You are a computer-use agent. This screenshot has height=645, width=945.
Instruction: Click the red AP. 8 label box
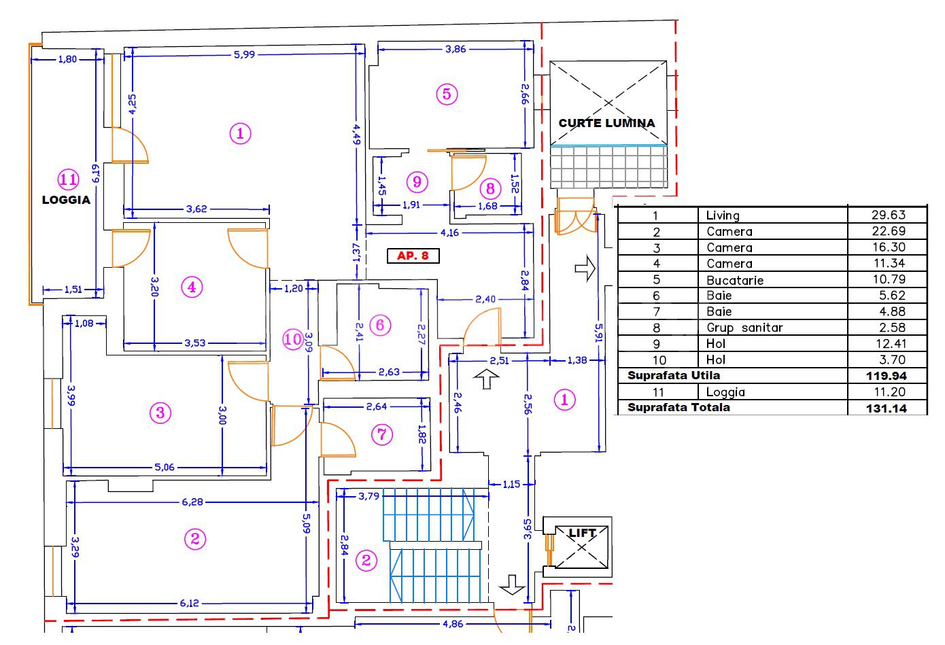click(413, 256)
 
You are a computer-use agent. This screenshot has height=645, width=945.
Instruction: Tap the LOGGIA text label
click(66, 200)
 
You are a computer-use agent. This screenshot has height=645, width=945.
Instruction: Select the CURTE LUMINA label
click(606, 123)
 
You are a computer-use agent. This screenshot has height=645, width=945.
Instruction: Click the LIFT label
click(582, 534)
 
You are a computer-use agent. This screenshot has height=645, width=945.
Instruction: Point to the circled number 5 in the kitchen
click(447, 94)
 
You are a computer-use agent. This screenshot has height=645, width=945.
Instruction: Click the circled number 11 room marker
click(69, 179)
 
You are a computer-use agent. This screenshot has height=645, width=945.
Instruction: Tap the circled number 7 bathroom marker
click(382, 434)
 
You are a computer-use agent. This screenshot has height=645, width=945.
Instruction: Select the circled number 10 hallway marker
click(293, 339)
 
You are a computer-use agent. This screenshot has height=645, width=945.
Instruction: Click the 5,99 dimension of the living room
click(244, 54)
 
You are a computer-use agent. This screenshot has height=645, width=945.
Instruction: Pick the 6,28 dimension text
click(192, 502)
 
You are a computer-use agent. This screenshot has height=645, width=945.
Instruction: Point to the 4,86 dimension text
click(453, 623)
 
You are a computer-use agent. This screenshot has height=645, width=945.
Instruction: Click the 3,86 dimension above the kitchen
click(456, 49)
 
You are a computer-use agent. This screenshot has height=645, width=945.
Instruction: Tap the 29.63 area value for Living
click(889, 215)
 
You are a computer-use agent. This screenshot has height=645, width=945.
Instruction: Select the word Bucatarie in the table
click(735, 280)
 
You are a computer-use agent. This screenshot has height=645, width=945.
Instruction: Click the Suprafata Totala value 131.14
click(887, 408)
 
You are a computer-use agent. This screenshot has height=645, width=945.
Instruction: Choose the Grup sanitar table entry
click(744, 328)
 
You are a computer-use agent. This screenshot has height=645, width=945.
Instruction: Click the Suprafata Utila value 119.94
click(887, 376)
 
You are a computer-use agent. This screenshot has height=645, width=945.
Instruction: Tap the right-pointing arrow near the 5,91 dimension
click(585, 268)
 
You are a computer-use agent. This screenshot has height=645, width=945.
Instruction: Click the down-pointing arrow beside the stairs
click(512, 585)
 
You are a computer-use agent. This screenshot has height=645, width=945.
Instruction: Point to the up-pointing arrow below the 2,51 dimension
click(486, 379)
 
